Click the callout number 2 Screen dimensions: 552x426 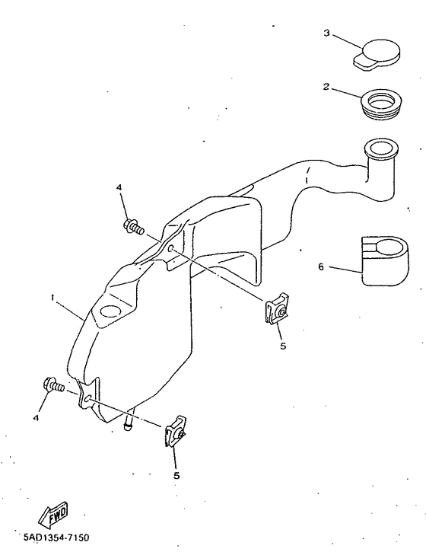pyautogui.click(x=326, y=87)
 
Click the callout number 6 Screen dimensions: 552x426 pyautogui.click(x=321, y=267)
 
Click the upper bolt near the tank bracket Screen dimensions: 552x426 pyautogui.click(x=132, y=226)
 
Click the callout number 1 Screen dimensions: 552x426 pyautogui.click(x=52, y=299)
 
